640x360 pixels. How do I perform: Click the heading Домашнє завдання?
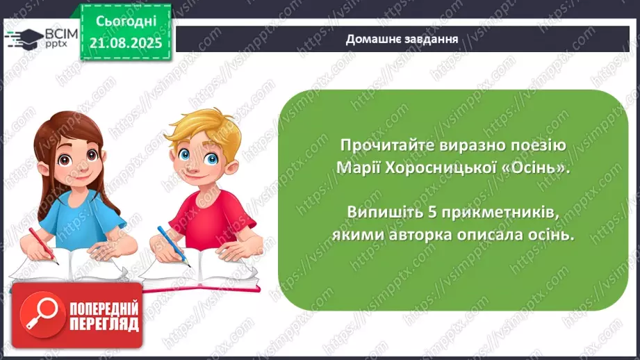402,39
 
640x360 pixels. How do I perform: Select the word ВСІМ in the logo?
60,32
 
